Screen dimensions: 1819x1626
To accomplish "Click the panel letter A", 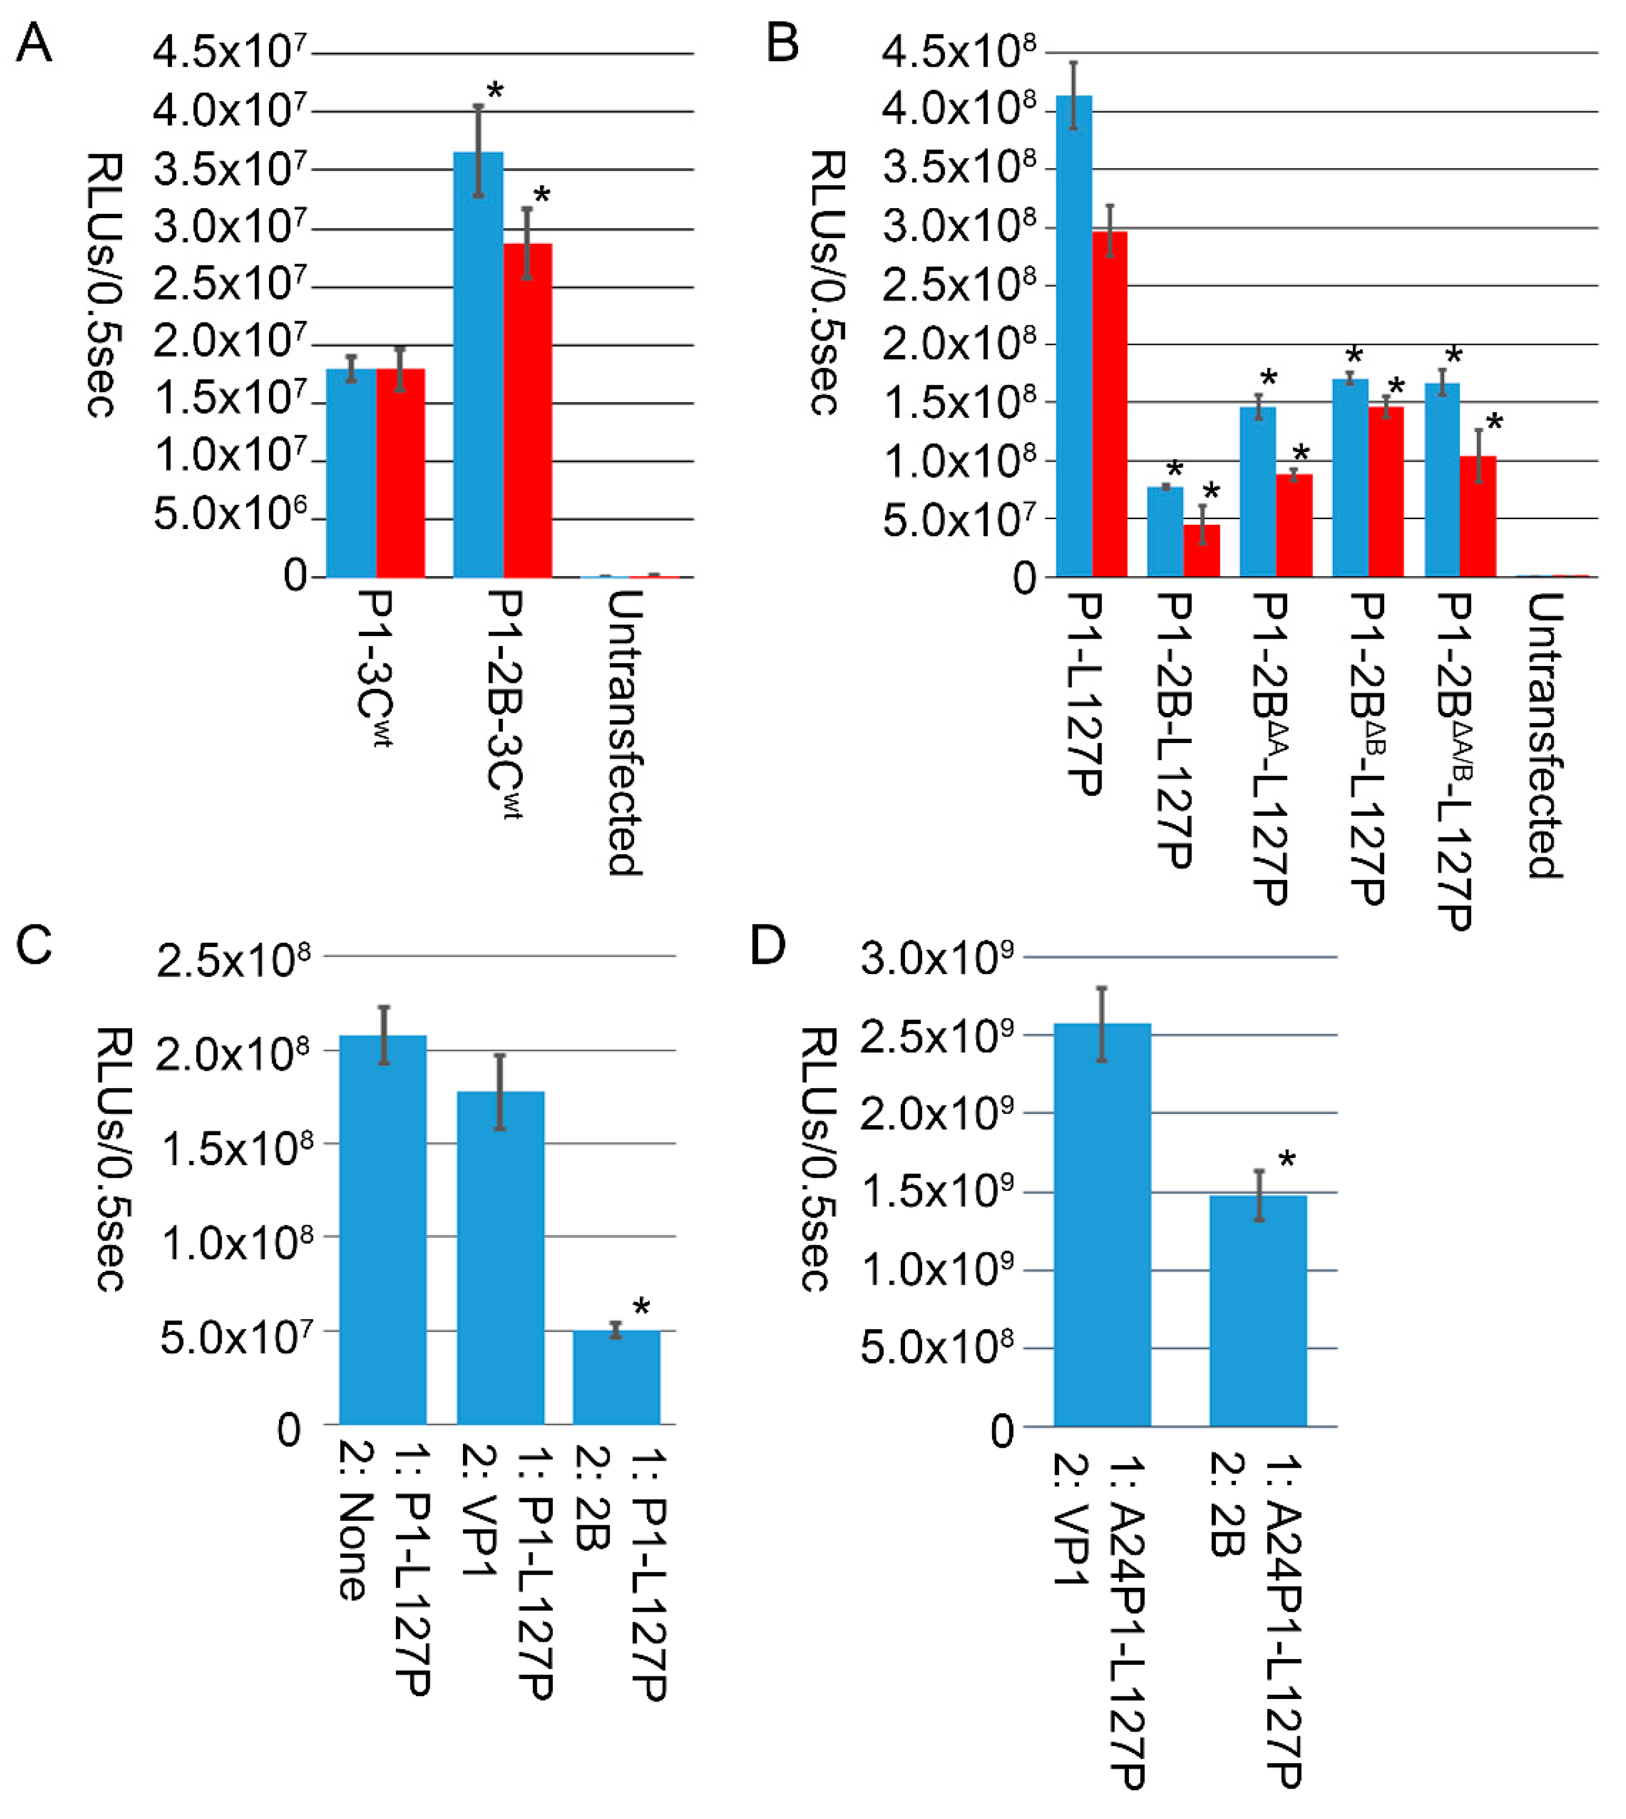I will point(34,43).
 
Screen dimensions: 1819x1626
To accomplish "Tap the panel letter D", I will point(767,946).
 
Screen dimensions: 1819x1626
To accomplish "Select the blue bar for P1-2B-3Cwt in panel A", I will point(479,367).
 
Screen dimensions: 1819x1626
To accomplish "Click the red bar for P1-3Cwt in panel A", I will point(400,473).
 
